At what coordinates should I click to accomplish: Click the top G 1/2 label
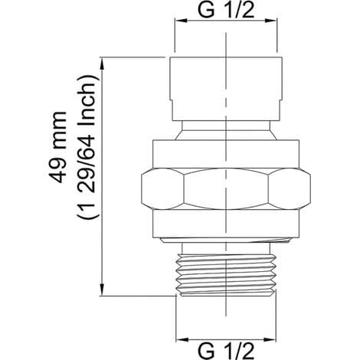pyautogui.click(x=226, y=11)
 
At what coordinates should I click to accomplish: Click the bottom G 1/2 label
pyautogui.click(x=226, y=351)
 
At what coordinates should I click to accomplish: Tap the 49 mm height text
pyautogui.click(x=58, y=147)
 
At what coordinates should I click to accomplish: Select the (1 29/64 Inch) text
pyautogui.click(x=87, y=147)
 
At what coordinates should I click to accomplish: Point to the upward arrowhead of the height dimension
pyautogui.click(x=102, y=64)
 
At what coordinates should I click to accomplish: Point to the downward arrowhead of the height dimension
pyautogui.click(x=102, y=290)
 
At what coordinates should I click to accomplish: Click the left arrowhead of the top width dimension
pyautogui.click(x=181, y=21)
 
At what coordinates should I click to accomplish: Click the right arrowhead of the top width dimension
pyautogui.click(x=270, y=21)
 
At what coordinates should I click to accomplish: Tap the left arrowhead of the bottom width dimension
pyautogui.click(x=182, y=340)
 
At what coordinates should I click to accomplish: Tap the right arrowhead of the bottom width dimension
pyautogui.click(x=270, y=340)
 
